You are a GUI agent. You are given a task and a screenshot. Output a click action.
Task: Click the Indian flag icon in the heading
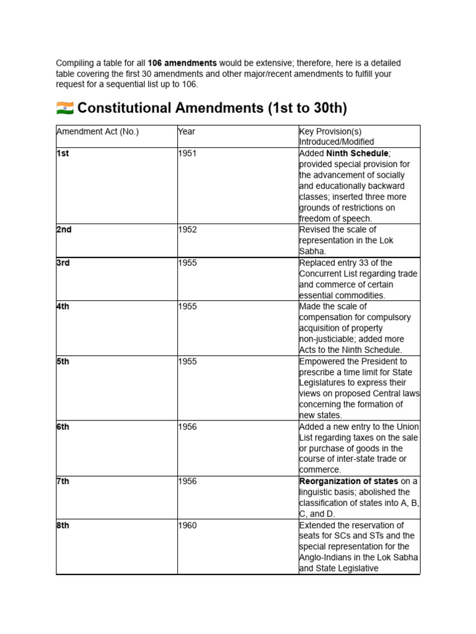pyautogui.click(x=64, y=108)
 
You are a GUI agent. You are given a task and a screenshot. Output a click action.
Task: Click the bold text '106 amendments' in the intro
pyautogui.click(x=182, y=63)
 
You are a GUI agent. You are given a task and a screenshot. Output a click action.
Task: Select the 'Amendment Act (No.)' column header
pyautogui.click(x=97, y=131)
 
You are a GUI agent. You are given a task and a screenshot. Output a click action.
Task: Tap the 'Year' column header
pyautogui.click(x=187, y=131)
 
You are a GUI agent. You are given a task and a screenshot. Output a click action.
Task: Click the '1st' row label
pyautogui.click(x=63, y=154)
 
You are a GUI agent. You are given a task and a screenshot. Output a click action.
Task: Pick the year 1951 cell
pyautogui.click(x=187, y=154)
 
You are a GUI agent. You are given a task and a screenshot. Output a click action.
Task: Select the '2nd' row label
pyautogui.click(x=64, y=230)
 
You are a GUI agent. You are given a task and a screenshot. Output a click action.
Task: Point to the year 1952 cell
pyautogui.click(x=187, y=230)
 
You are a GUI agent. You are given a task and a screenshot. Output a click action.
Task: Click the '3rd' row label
pyautogui.click(x=63, y=263)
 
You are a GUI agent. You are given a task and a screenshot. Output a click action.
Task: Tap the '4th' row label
pyautogui.click(x=63, y=306)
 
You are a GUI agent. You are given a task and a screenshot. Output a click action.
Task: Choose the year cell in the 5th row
pyautogui.click(x=187, y=362)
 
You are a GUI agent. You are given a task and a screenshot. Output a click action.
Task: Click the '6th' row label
pyautogui.click(x=63, y=427)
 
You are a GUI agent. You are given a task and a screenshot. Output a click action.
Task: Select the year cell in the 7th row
pyautogui.click(x=187, y=482)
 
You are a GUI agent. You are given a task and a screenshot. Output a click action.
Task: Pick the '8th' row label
pyautogui.click(x=63, y=525)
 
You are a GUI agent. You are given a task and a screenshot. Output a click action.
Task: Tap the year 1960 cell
pyautogui.click(x=187, y=525)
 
